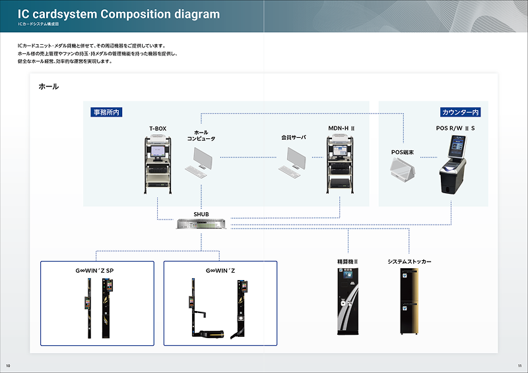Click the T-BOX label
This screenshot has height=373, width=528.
click(158, 128)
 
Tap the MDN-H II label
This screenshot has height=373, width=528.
click(342, 128)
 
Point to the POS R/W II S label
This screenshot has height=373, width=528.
click(455, 128)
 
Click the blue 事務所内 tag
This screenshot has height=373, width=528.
click(106, 113)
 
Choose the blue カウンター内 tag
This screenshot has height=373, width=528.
click(461, 113)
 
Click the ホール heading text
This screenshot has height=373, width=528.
click(49, 87)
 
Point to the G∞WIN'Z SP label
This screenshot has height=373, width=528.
click(94, 270)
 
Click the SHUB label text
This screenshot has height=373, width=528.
click(201, 214)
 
